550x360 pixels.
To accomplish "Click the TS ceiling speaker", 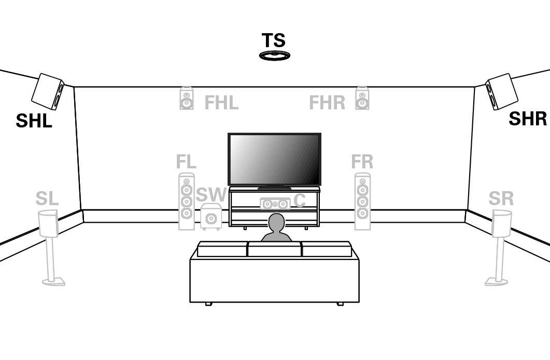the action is point(275,55).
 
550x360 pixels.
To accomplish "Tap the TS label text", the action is point(274,40).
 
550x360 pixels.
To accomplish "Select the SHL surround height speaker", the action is point(48,92).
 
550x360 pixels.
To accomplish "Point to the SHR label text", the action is point(528,119).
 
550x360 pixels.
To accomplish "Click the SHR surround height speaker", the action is point(502,92).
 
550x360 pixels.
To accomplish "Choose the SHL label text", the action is point(34,121).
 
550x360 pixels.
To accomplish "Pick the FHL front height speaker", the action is point(187,98).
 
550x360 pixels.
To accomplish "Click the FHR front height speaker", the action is point(362,98).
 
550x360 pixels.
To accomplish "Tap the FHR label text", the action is point(327,103).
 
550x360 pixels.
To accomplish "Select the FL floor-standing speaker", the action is point(187,201).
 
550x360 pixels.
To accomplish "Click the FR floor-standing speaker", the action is point(363,201).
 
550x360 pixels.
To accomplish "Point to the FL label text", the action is point(186,162).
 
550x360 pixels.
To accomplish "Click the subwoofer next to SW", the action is point(211,217).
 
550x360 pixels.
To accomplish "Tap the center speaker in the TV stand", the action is point(275,204).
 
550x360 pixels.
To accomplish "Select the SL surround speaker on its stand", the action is point(50,248).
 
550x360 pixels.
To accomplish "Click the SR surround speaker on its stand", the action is point(500,248).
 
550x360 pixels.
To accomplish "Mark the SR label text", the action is point(501,199).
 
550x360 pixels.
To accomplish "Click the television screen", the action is point(274,160).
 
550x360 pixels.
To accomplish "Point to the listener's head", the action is point(276,223).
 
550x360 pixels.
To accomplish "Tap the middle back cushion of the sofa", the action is point(275,249).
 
